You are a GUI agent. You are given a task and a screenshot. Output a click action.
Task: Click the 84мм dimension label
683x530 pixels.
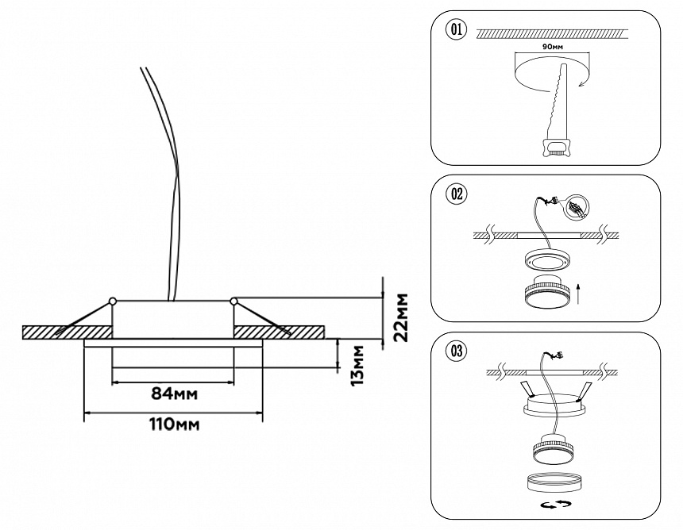[x=174, y=394]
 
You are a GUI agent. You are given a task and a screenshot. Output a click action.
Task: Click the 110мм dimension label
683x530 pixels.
[x=174, y=424]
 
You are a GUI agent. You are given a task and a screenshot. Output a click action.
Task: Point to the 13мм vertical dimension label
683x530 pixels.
[x=358, y=363]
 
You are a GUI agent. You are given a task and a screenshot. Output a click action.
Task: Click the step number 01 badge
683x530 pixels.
[x=457, y=31]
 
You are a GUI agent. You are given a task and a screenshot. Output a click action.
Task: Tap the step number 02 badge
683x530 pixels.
[x=457, y=193]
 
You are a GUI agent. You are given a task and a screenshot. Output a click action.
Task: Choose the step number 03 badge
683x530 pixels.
[x=457, y=349]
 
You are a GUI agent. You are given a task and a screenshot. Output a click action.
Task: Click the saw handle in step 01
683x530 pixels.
[x=556, y=146]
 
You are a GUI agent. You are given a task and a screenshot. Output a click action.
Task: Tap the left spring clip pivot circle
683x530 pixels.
[x=113, y=301]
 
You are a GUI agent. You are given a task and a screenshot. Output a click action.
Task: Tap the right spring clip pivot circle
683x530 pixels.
[x=234, y=301]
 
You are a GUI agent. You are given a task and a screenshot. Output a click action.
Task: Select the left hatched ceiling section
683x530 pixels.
[x=68, y=331]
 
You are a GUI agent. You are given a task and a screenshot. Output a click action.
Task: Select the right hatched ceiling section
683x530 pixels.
[x=278, y=331]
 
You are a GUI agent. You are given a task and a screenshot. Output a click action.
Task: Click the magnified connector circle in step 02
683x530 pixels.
[x=576, y=209]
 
